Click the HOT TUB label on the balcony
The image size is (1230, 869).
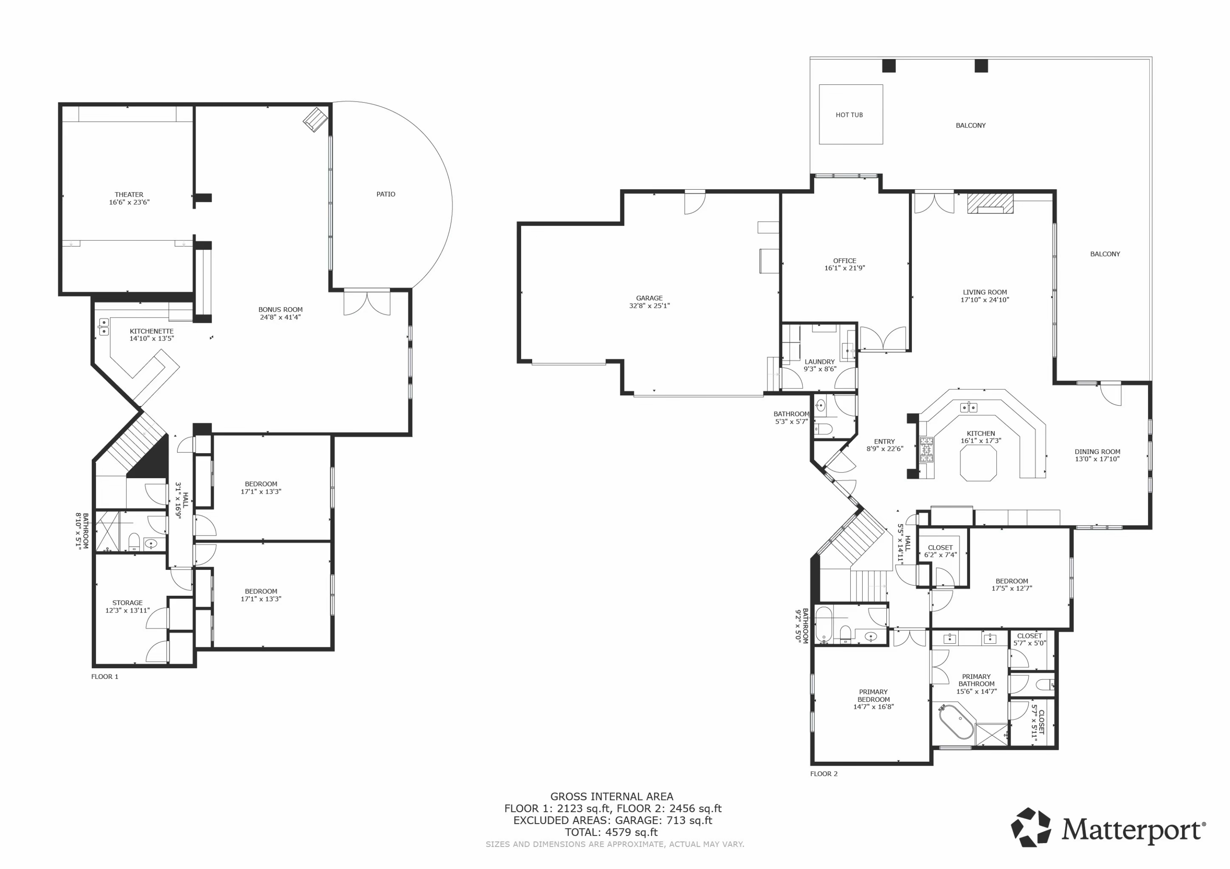[x=849, y=115]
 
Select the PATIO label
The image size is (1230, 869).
[x=386, y=194]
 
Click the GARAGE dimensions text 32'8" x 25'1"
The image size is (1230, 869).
[x=649, y=306]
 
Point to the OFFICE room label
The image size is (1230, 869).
[x=844, y=261]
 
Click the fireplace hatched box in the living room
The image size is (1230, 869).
[x=990, y=204]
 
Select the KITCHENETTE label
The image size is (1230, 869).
[x=152, y=331]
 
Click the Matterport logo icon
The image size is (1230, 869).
[x=1031, y=827]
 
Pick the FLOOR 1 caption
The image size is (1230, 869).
[x=105, y=677]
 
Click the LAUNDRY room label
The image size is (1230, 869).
[x=820, y=362]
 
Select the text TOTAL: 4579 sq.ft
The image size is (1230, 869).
[x=611, y=832]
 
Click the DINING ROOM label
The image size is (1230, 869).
[x=1097, y=452]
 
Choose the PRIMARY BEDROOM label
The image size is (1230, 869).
[x=873, y=696]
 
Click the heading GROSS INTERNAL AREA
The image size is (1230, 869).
[x=612, y=797]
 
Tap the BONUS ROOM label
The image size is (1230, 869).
[x=280, y=309]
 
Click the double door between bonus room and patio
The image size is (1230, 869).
[x=367, y=302]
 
